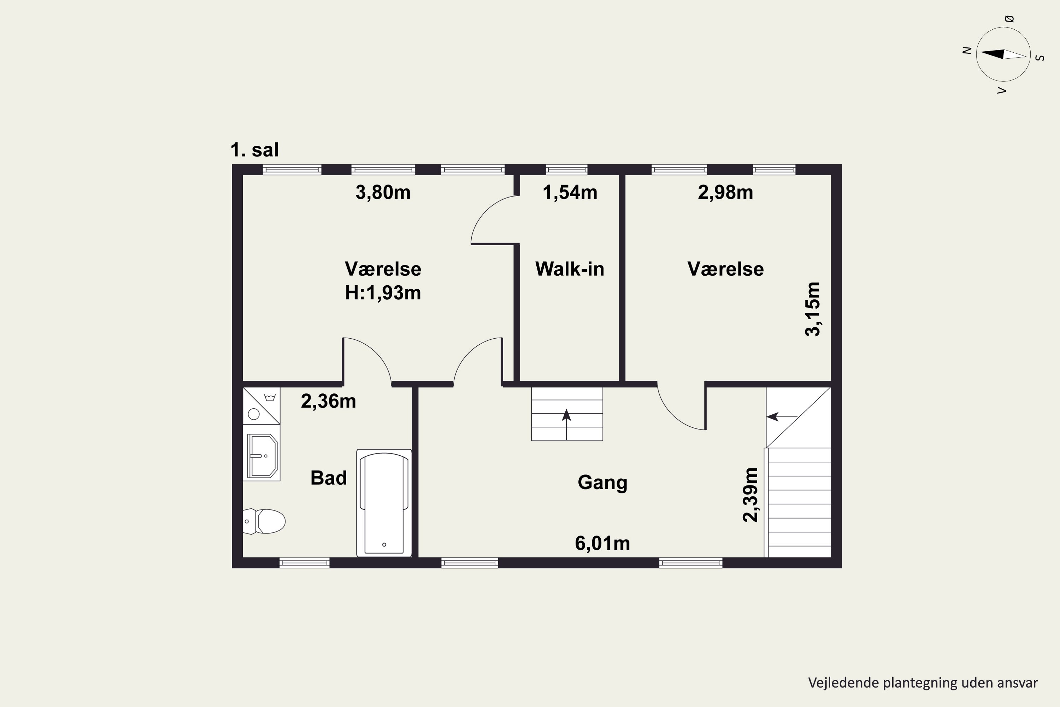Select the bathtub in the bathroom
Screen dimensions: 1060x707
pos(384,503)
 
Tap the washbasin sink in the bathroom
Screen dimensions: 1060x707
pos(262,456)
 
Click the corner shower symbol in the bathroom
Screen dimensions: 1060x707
pos(261,406)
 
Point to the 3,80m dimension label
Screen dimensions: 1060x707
pos(383,193)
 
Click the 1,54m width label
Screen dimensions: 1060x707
pos(570,193)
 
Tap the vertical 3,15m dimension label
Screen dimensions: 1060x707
pos(813,309)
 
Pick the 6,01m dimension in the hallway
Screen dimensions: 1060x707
pos(602,543)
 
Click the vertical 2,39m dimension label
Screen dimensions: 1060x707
pos(750,495)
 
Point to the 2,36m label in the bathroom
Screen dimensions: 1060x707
pos(329,401)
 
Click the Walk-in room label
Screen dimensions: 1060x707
pos(570,269)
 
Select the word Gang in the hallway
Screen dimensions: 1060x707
pos(602,483)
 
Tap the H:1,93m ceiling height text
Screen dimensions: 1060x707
pos(383,293)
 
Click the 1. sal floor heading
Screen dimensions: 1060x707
pos(255,150)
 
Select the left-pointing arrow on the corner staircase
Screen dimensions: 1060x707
pos(782,417)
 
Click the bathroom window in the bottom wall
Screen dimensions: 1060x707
pos(305,563)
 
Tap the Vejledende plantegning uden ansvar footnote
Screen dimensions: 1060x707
pos(923,683)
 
